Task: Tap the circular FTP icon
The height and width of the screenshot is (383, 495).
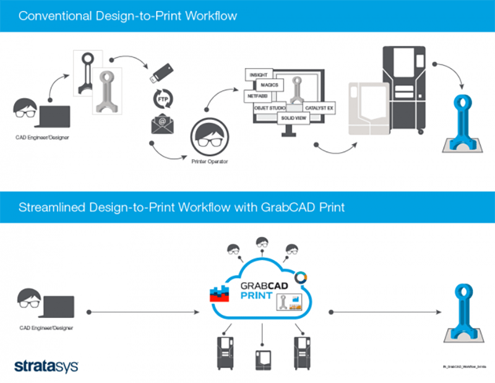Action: coord(162,99)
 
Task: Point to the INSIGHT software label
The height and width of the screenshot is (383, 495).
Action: coord(258,75)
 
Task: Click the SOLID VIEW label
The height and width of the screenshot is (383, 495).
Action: coord(294,117)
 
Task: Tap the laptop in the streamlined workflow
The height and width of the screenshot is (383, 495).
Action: coord(58,306)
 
